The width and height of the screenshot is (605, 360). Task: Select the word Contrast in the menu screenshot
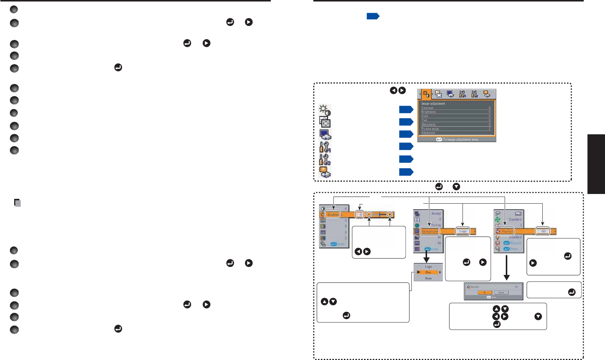427,108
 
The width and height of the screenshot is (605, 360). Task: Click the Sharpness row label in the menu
429,125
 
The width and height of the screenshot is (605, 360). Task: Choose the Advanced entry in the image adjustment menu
428,133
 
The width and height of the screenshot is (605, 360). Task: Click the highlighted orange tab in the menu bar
426,94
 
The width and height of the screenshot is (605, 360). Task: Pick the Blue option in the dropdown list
428,272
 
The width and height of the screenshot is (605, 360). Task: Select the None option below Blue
428,278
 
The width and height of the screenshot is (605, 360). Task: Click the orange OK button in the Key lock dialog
485,292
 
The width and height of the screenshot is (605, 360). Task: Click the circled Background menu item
430,231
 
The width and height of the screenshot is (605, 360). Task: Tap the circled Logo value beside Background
463,231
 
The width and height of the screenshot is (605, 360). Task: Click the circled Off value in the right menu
543,231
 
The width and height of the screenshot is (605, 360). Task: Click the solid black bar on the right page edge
596,164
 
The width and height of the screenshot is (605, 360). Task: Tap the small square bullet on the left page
17,203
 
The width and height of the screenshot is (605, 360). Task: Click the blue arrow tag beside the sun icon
406,109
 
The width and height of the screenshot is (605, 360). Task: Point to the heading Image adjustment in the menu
433,103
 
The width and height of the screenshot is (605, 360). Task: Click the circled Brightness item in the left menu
332,215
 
